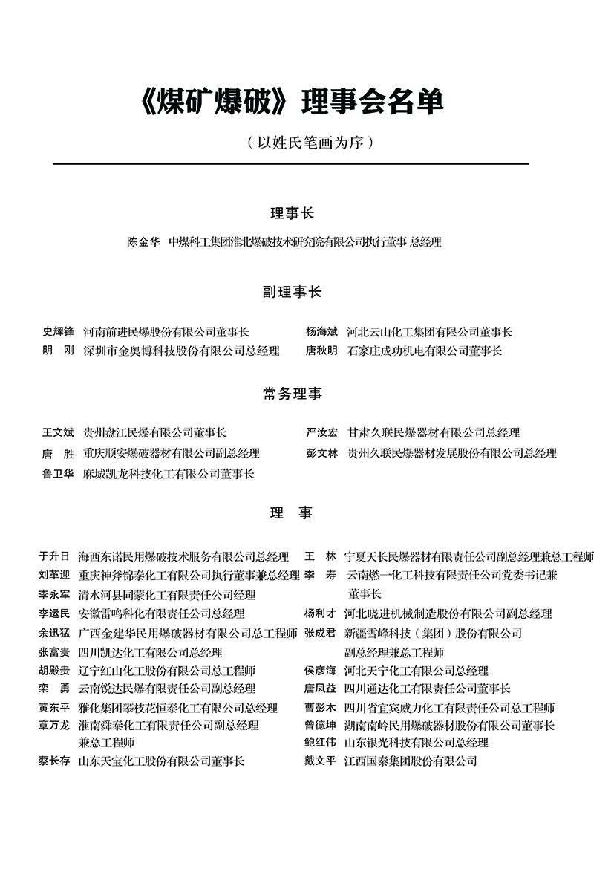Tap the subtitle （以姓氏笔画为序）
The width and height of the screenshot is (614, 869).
307,142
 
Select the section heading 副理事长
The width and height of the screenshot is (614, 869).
292,292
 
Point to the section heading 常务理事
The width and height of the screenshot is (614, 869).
292,394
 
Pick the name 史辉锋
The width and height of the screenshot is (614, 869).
59,332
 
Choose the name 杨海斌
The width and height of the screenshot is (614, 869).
321,332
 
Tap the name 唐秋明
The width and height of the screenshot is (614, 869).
321,351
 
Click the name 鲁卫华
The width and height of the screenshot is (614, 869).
59,473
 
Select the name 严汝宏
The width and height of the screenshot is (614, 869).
321,432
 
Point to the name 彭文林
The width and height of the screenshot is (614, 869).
321,453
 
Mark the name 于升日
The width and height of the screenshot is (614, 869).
54,556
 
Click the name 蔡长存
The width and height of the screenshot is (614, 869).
54,761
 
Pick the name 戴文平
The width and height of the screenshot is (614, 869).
320,761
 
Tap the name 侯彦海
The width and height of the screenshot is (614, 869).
320,671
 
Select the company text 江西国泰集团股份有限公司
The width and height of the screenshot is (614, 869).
411,761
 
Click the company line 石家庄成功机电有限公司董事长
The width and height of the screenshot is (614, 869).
425,351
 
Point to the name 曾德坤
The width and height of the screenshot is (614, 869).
320,725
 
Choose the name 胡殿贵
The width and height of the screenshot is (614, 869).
54,671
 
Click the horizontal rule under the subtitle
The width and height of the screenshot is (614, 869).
290,163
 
